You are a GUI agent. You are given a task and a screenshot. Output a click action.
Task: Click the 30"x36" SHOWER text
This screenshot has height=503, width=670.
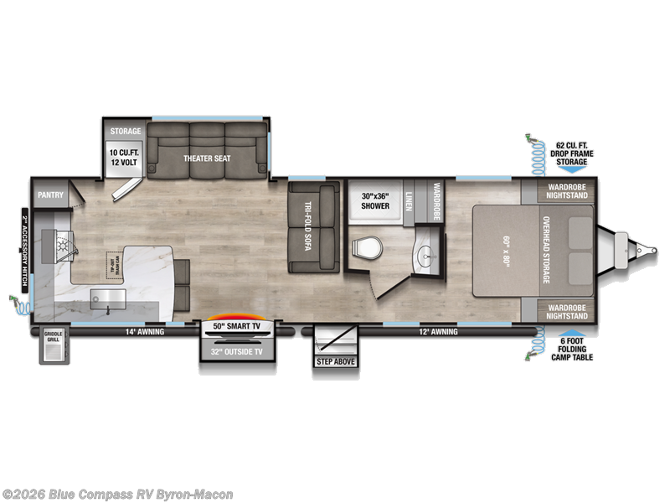tap(374, 201)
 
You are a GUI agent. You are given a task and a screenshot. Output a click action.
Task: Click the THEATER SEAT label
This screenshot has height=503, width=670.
tap(207, 158)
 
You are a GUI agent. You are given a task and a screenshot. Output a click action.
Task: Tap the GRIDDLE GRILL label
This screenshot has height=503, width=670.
tap(54, 337)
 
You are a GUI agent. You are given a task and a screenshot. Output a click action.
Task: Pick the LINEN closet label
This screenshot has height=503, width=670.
tap(409, 202)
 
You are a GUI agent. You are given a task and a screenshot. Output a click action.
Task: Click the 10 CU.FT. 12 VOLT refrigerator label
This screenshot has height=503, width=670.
tap(125, 158)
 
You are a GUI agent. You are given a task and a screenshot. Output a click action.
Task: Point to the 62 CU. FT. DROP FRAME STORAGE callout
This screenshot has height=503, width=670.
tap(571, 154)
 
